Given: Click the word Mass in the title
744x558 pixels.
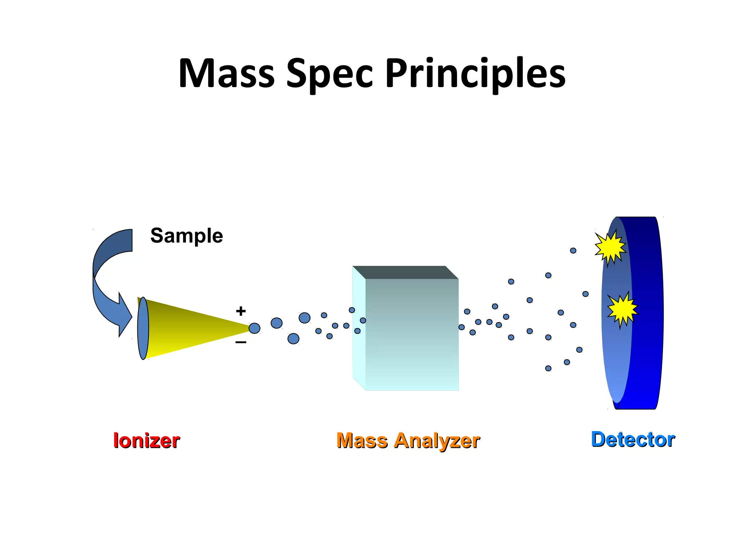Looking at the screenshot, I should pyautogui.click(x=226, y=73).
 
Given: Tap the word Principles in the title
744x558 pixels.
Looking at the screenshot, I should pyautogui.click(x=475, y=73).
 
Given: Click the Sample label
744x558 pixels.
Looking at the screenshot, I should pyautogui.click(x=186, y=236).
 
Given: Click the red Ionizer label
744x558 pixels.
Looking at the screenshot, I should pyautogui.click(x=146, y=441).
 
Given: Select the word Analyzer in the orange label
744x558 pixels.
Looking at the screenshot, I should pyautogui.click(x=437, y=441).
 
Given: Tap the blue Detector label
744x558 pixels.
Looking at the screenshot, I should pyautogui.click(x=633, y=439).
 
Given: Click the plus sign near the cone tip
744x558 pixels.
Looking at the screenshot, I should pyautogui.click(x=240, y=311).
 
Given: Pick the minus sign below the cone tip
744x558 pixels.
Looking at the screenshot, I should pyautogui.click(x=240, y=342).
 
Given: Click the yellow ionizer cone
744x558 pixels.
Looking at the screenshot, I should pyautogui.click(x=189, y=327).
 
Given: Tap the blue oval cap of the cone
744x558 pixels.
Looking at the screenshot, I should pyautogui.click(x=143, y=328).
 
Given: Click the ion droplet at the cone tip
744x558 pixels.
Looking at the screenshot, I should pyautogui.click(x=254, y=328).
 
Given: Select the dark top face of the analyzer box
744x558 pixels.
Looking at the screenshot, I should pyautogui.click(x=405, y=272).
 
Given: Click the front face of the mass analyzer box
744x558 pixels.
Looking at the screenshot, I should pyautogui.click(x=412, y=334).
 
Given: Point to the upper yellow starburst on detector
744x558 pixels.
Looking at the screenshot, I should pyautogui.click(x=610, y=247).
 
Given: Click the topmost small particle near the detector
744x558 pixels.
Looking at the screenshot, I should pyautogui.click(x=573, y=251).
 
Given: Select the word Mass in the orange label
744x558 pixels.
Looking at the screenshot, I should pyautogui.click(x=362, y=441).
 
